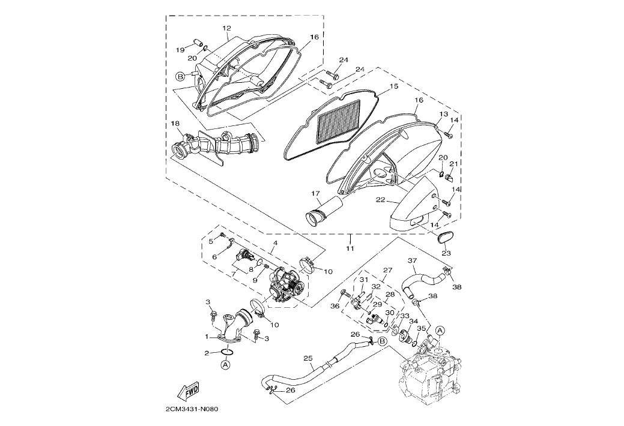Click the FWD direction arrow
tap(189, 391)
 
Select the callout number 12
tap(226, 28)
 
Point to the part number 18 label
tap(175, 124)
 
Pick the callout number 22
tap(380, 200)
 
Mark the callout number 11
tap(350, 248)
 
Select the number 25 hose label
tap(308, 359)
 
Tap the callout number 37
tap(412, 261)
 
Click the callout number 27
tap(387, 271)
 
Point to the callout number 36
tap(335, 306)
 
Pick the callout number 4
tap(274, 244)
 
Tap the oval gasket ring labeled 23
tap(445, 236)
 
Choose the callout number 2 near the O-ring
tap(207, 353)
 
